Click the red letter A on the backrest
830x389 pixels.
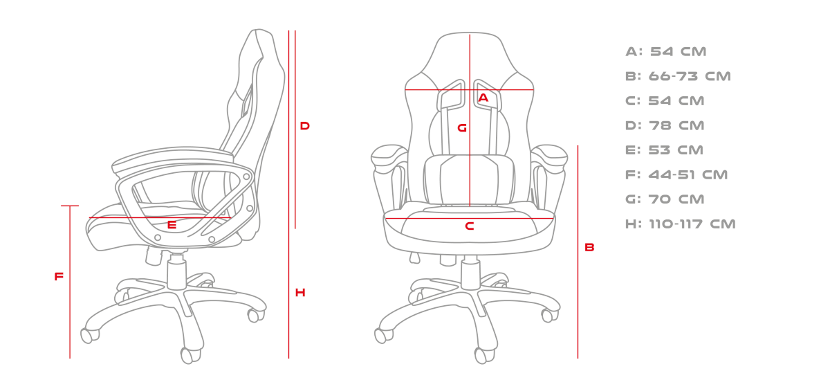click(483, 98)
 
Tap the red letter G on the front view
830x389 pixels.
click(462, 128)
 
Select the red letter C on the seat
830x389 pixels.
click(470, 226)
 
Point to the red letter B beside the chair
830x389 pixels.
click(589, 247)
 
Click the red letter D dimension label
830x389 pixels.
click(304, 126)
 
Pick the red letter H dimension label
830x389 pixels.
click(300, 293)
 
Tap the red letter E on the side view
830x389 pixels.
click(172, 225)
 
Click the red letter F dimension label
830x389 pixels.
click(59, 276)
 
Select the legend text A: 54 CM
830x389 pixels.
click(666, 51)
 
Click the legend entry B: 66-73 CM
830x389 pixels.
click(678, 76)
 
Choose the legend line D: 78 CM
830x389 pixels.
click(665, 126)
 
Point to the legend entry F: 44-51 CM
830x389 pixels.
click(676, 174)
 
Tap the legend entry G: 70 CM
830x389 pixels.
click(665, 199)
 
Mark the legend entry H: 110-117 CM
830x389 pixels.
click(681, 224)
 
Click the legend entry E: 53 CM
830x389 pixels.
click(665, 150)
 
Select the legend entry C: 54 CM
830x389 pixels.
click(665, 101)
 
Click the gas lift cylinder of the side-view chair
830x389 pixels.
click(176, 273)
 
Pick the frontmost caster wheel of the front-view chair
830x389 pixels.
click(484, 355)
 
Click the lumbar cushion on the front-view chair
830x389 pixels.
click(469, 179)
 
